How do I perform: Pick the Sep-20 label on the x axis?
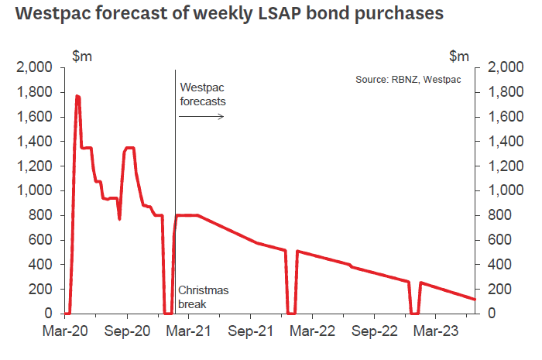[x=127, y=331]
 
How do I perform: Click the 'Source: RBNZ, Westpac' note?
[x=403, y=80]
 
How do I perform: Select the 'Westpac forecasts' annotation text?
[x=203, y=94]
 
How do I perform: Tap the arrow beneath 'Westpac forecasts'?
[x=201, y=117]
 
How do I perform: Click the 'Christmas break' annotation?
[x=204, y=297]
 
